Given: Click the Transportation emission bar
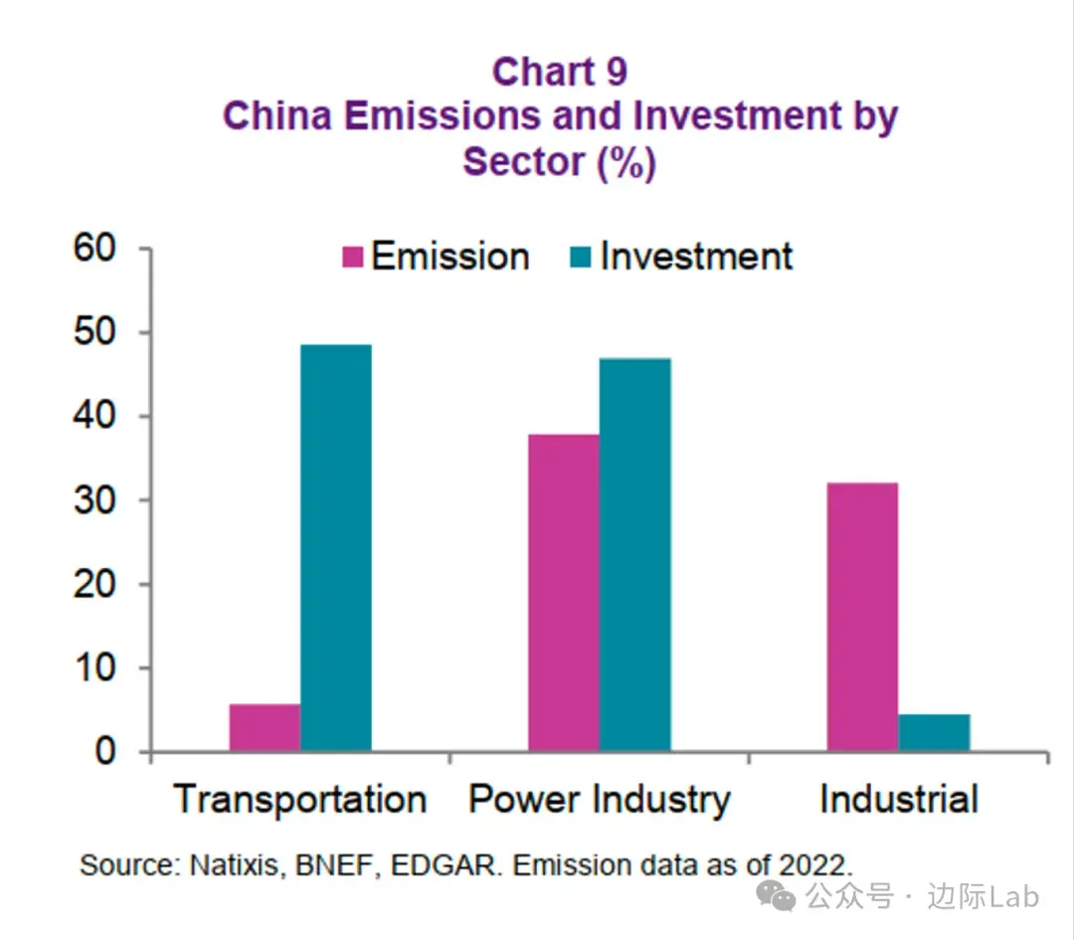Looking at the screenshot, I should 265,727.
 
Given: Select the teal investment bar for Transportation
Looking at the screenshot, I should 336,547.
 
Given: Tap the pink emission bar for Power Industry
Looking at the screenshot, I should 564,592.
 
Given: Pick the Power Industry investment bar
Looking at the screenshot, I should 635,554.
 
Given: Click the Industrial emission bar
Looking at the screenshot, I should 862,617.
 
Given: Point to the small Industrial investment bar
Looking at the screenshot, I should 934,732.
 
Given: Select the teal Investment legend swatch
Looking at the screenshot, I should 582,258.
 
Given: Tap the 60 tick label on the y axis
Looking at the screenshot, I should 97,249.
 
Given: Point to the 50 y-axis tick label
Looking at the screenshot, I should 97,332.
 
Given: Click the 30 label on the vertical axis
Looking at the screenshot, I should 97,499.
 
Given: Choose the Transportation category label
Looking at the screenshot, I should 300,800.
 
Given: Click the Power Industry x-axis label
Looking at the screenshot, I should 600,800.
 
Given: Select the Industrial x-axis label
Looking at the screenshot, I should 899,800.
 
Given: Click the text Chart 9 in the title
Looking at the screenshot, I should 560,73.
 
